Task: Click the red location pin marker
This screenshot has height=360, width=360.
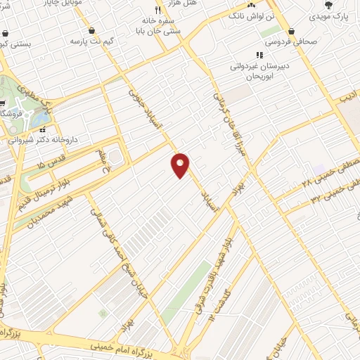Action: [x=181, y=165]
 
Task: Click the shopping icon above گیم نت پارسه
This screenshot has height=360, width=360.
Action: [x=92, y=30]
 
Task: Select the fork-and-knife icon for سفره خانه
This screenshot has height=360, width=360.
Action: [x=158, y=11]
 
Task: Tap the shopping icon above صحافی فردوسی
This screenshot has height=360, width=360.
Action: [x=292, y=31]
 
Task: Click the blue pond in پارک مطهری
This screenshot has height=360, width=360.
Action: [x=34, y=120]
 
